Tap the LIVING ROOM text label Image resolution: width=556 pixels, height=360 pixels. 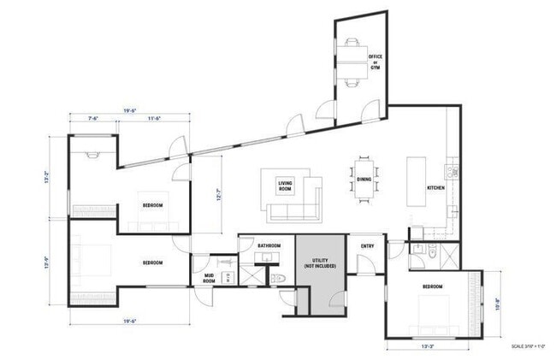coord(286,186)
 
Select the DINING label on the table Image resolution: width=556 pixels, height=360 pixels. coord(364,179)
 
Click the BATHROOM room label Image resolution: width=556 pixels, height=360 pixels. coord(269,246)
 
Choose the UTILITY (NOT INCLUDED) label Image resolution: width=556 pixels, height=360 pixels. coord(321,263)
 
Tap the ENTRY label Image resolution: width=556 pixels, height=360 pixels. coord(368,246)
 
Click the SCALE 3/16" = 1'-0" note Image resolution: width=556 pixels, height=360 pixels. coord(529,345)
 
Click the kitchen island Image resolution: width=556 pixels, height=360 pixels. coord(416,182)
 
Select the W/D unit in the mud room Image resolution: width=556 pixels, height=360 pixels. coord(229,275)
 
